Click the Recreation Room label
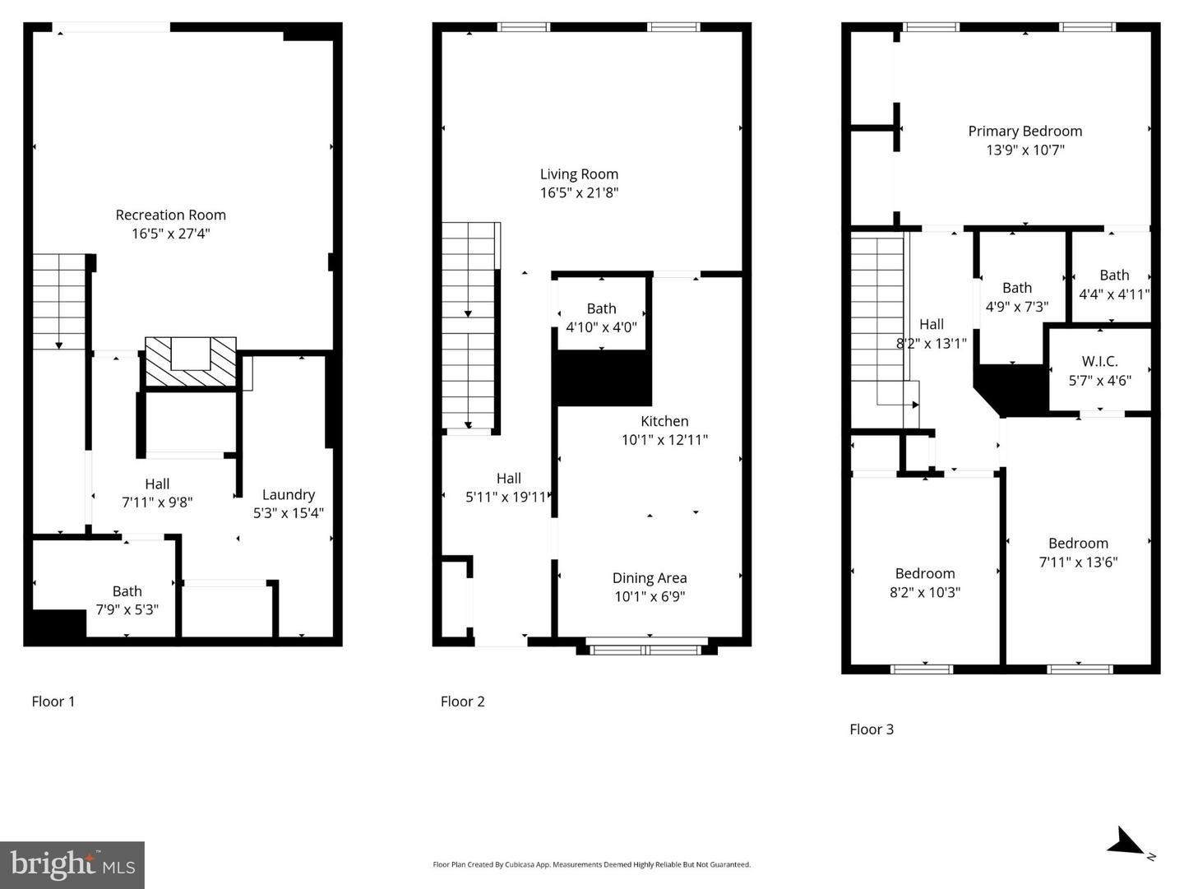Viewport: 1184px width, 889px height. pos(170,215)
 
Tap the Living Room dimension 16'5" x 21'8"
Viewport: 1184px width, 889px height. pos(579,193)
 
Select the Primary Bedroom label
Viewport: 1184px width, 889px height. pos(1024,132)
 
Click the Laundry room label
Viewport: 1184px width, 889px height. pos(289,495)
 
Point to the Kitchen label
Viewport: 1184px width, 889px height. pos(664,421)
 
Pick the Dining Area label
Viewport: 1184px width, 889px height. pos(650,578)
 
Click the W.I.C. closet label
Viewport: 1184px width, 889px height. pos(1099,362)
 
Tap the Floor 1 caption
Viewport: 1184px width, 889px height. pos(53,701)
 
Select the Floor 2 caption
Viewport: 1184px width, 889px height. pos(463,701)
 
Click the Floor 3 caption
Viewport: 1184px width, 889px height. pos(872,729)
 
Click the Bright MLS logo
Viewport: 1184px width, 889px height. pos(72,865)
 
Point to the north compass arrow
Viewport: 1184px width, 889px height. pos(1126,843)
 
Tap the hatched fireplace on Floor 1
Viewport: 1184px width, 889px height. pos(191,362)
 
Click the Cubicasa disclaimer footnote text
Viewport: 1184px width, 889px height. pos(591,865)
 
